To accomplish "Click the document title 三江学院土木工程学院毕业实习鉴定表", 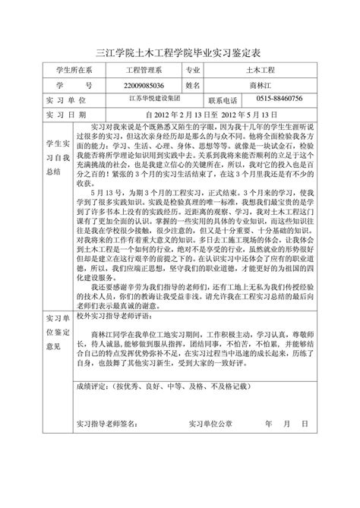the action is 180,53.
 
